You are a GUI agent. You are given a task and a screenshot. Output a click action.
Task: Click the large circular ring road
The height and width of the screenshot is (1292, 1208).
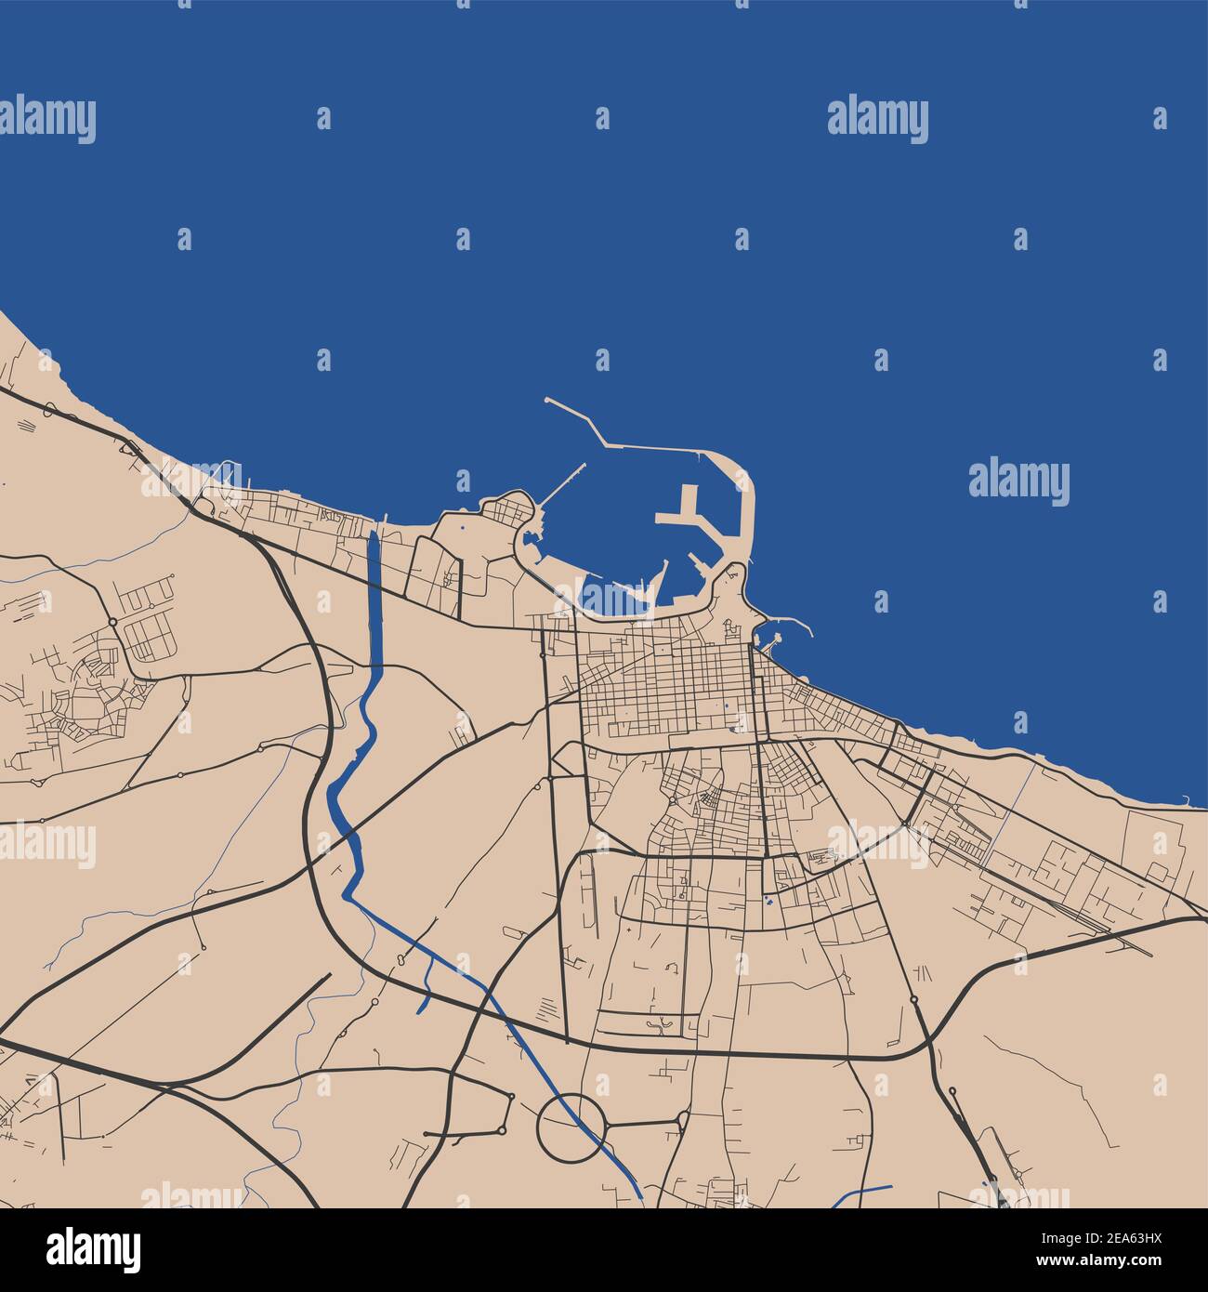(x=571, y=1127)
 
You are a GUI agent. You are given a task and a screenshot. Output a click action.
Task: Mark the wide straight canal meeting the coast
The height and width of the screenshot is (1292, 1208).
(x=374, y=595)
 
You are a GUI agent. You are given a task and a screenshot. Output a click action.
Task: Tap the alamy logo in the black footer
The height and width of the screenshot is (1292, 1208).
(x=96, y=1249)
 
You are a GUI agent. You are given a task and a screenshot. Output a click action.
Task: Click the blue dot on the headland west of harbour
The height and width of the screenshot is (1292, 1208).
(x=462, y=529)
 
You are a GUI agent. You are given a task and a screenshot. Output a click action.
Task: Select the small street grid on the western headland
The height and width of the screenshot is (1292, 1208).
(x=507, y=510)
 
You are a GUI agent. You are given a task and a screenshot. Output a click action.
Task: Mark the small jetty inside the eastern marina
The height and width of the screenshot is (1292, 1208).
(x=773, y=639)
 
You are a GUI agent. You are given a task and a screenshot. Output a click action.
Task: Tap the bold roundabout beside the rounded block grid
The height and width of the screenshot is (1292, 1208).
(x=112, y=621)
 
